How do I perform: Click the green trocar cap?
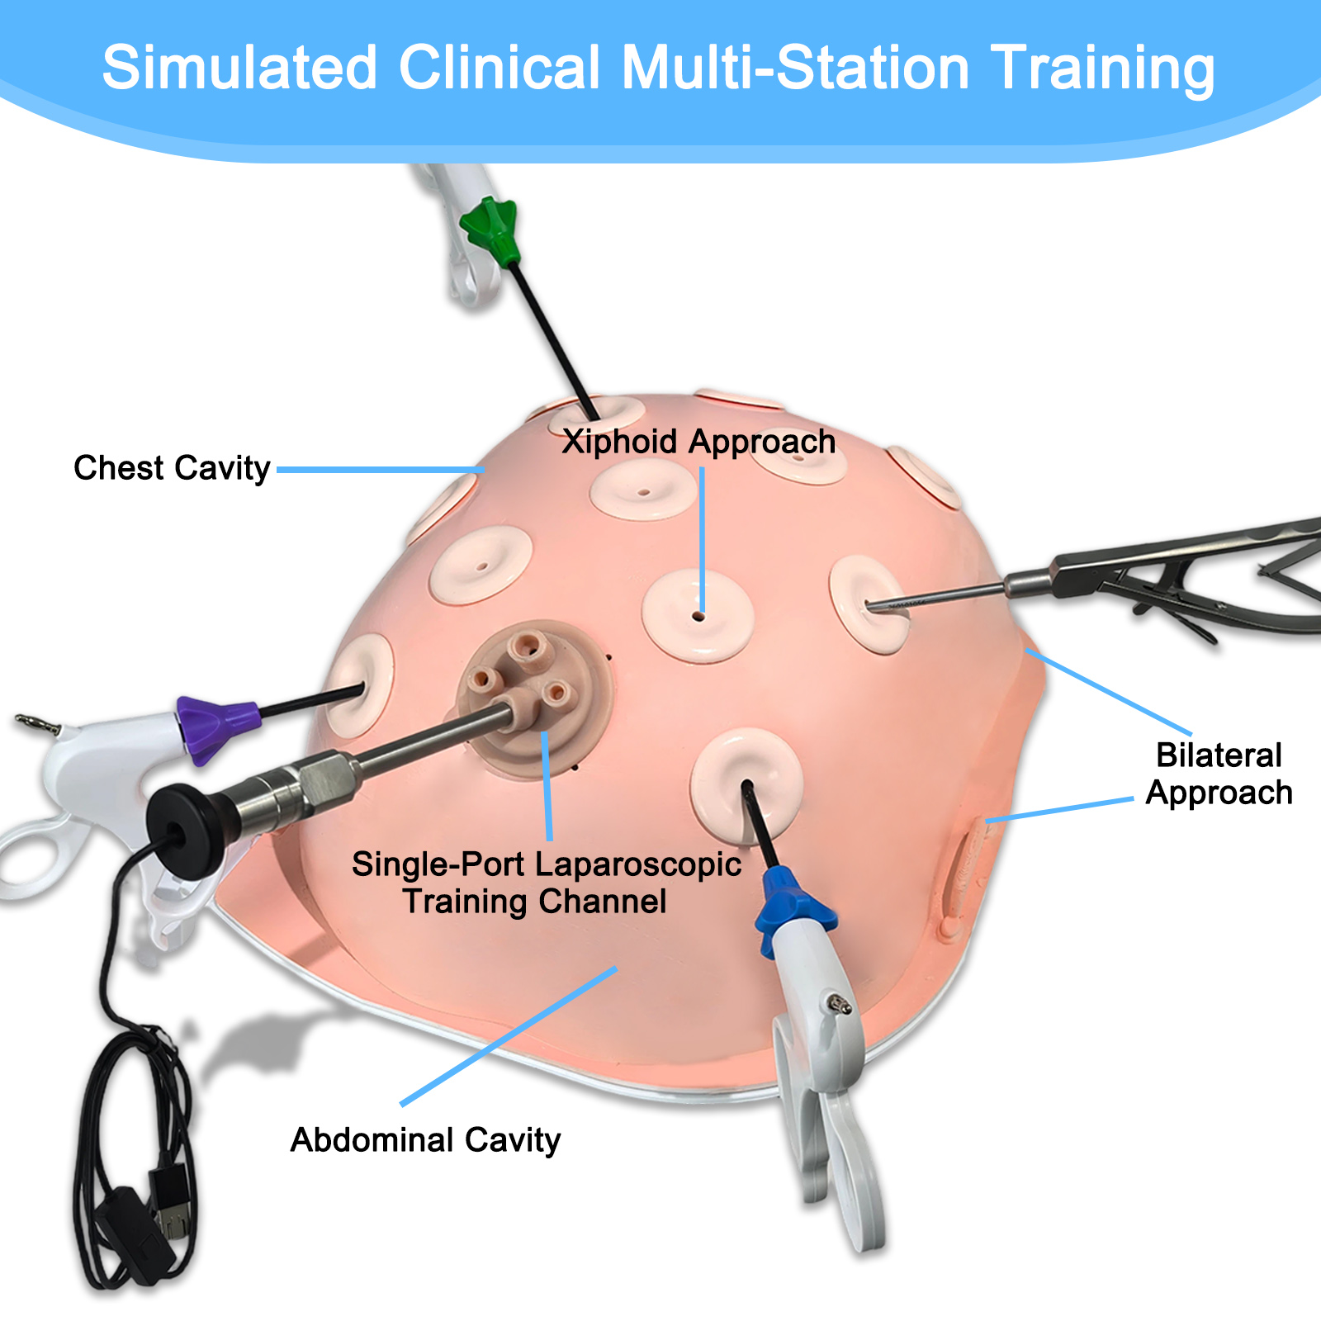490,229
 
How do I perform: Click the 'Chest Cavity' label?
172,468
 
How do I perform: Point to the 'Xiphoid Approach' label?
698,442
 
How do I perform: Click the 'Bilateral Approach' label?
1219,774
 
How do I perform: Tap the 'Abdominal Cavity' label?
425,1140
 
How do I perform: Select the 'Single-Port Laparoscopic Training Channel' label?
546,883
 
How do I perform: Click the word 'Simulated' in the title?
239,68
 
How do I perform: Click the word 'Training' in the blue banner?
1102,68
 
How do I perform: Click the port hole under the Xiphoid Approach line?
699,616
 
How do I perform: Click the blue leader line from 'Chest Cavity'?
380,469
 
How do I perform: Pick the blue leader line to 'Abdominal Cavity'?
508,1036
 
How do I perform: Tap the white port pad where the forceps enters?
867,603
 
